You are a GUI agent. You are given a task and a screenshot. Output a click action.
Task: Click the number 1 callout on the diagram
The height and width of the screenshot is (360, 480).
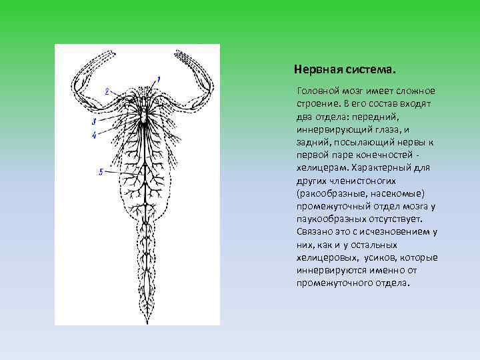click(159, 80)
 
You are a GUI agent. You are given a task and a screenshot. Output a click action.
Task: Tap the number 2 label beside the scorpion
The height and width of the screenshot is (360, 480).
click(107, 91)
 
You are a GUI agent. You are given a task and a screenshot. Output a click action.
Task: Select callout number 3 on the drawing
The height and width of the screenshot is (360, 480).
click(94, 122)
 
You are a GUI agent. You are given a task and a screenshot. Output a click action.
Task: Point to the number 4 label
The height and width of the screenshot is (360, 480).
click(94, 135)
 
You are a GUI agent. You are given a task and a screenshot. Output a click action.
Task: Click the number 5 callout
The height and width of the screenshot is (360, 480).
click(100, 172)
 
